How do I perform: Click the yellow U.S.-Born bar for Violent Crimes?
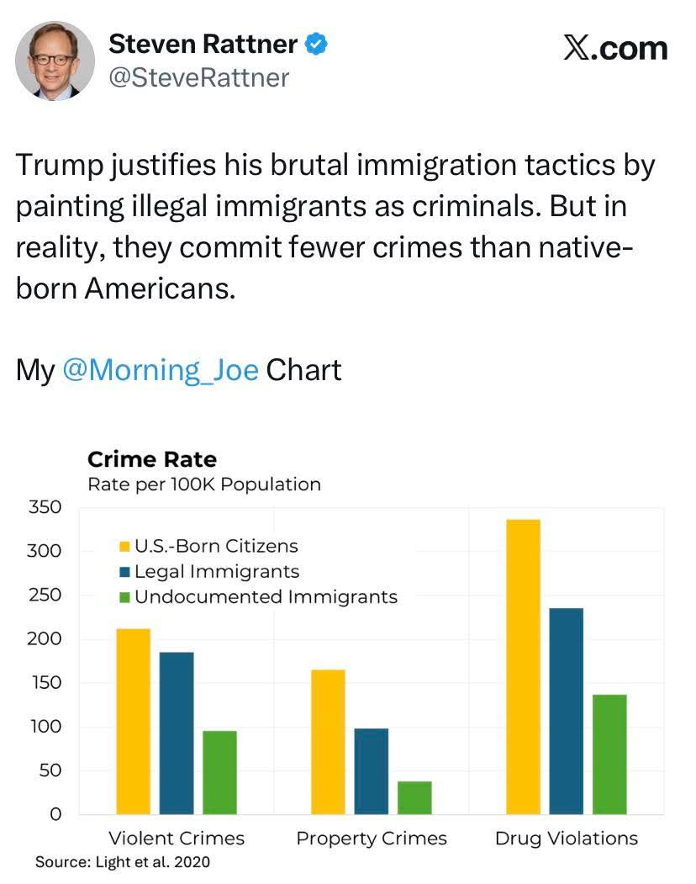pyautogui.click(x=134, y=721)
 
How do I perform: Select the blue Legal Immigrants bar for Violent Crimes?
pyautogui.click(x=177, y=733)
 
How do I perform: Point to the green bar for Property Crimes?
pyautogui.click(x=414, y=797)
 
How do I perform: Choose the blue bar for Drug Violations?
pyautogui.click(x=566, y=711)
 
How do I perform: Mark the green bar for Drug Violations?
pyautogui.click(x=609, y=754)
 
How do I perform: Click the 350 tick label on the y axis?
pyautogui.click(x=45, y=507)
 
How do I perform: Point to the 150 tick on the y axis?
pyautogui.click(x=45, y=682)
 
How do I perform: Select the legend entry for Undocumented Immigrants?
pyautogui.click(x=266, y=597)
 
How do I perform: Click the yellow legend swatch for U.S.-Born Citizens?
pyautogui.click(x=124, y=547)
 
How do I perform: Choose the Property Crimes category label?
pyautogui.click(x=372, y=839)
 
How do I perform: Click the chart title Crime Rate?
pyautogui.click(x=152, y=459)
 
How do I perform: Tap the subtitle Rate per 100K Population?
pyautogui.click(x=204, y=484)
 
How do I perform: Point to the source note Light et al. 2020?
pyautogui.click(x=123, y=862)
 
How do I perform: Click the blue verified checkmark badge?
pyautogui.click(x=316, y=45)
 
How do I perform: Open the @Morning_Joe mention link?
pyautogui.click(x=161, y=370)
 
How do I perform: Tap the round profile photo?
pyautogui.click(x=55, y=61)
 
